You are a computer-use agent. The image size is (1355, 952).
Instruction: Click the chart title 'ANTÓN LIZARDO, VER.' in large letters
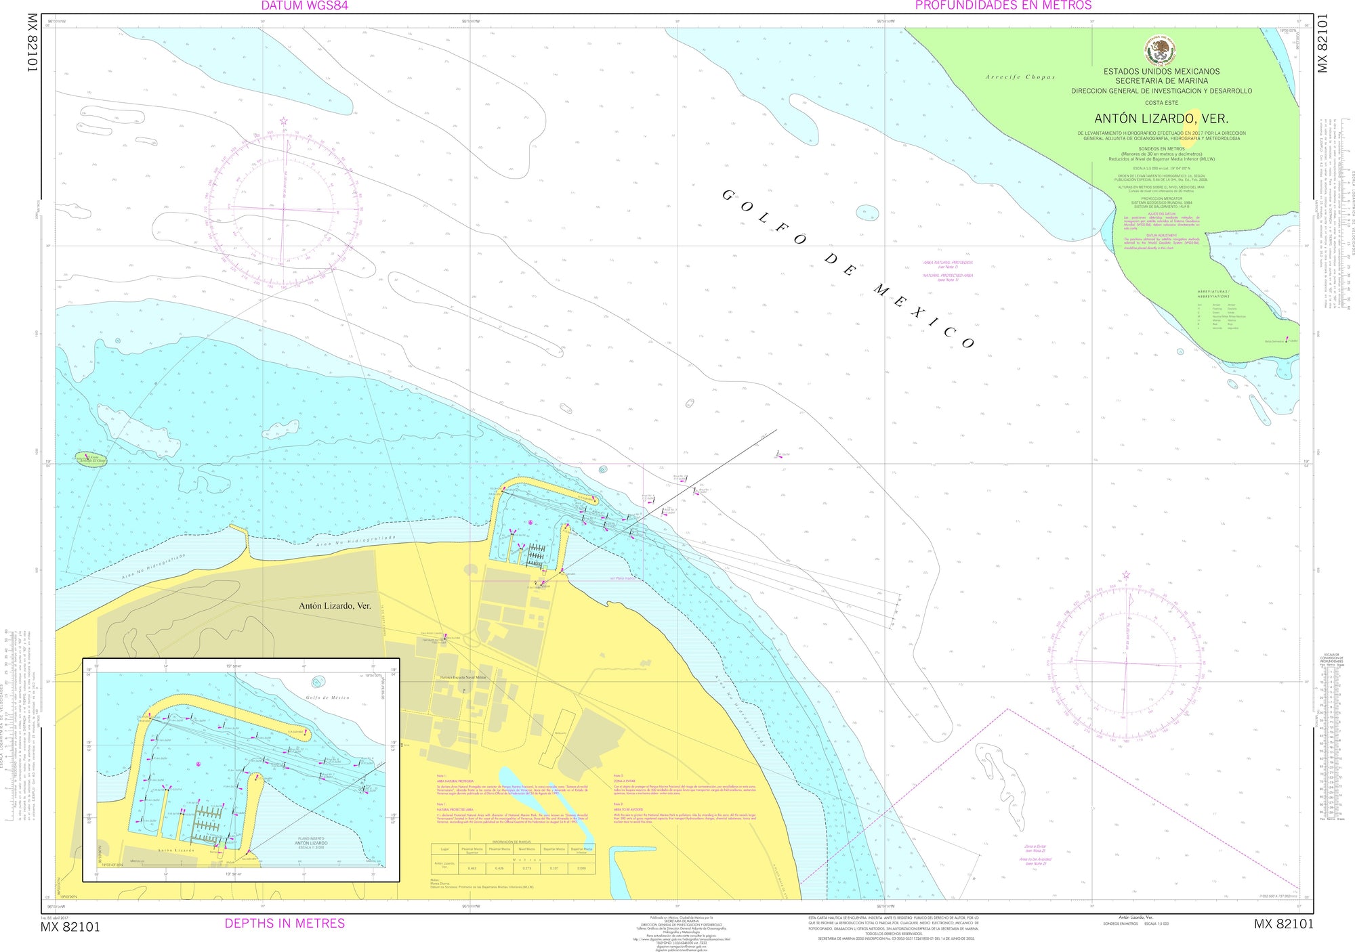(x=1161, y=118)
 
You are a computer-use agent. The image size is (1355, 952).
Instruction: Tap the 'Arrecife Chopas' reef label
(x=1020, y=77)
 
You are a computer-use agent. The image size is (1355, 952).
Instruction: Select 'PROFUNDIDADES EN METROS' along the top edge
(x=1003, y=5)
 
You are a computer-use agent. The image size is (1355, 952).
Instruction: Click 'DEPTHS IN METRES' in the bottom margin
(x=285, y=924)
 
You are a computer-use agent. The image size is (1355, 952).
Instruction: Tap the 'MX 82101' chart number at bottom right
(x=1283, y=925)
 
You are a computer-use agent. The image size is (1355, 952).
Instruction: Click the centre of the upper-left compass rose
(x=284, y=209)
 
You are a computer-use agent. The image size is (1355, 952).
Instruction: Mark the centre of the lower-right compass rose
(x=1126, y=662)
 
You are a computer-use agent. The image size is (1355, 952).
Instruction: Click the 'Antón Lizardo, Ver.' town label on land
(x=335, y=605)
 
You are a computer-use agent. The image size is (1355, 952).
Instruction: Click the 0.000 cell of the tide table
(x=581, y=868)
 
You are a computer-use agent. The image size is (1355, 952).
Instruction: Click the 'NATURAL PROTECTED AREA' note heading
(x=455, y=809)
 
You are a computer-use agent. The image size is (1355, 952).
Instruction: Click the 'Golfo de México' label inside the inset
(x=327, y=697)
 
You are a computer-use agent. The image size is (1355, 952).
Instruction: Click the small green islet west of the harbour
(x=90, y=459)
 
